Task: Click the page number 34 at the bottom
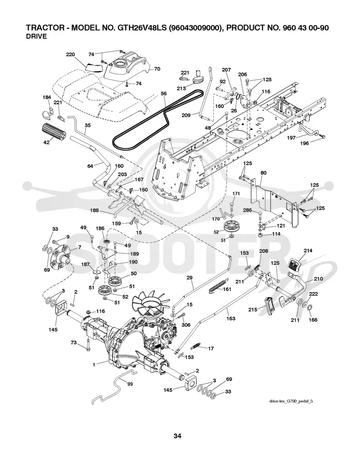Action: coord(177,436)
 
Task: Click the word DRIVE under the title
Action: coord(36,36)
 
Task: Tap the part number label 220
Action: coord(70,54)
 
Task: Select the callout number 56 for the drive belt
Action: coord(164,94)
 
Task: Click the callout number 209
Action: coord(186,115)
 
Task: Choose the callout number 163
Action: coord(231,318)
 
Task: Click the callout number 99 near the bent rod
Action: coord(130,384)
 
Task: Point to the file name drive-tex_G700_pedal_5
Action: coord(291,401)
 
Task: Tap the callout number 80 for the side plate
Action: coord(263,173)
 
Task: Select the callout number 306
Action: coord(186,325)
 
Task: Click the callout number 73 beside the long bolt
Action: coord(73,342)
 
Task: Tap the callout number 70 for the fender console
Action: coord(157,69)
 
